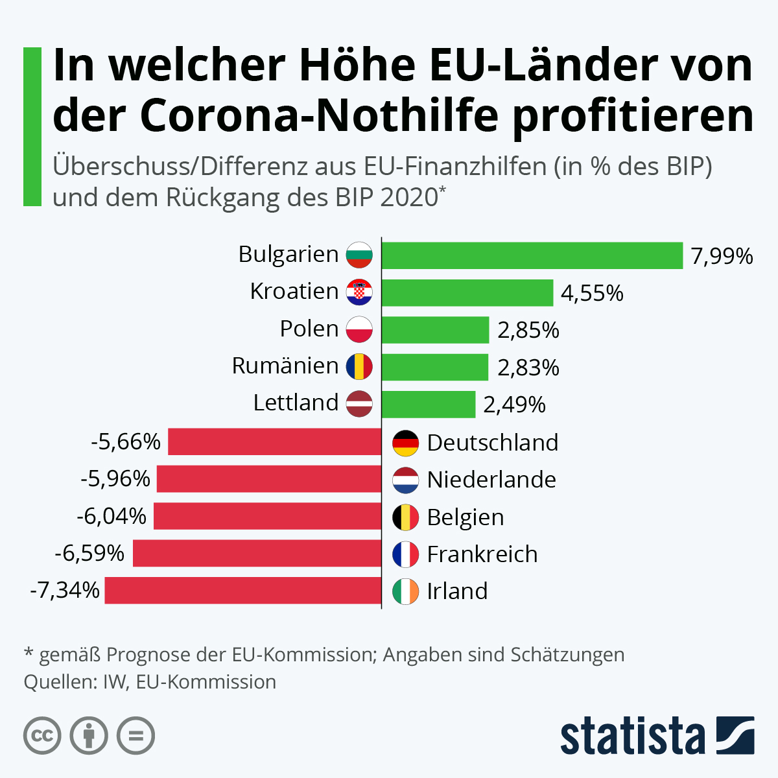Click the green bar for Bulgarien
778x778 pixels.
(x=532, y=255)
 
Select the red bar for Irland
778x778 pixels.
(x=243, y=591)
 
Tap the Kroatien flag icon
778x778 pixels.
(x=359, y=292)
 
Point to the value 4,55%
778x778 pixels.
(x=592, y=293)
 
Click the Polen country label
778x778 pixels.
(x=309, y=329)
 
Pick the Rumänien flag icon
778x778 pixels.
(x=359, y=367)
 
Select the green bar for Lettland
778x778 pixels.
(x=429, y=405)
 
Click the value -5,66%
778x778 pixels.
(x=126, y=442)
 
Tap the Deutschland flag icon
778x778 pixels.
(x=406, y=443)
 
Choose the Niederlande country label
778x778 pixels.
(x=491, y=480)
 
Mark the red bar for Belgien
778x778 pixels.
(x=267, y=517)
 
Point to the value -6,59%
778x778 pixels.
(x=89, y=554)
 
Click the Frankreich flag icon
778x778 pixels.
(x=406, y=554)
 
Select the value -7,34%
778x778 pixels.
(x=65, y=591)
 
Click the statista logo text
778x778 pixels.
(x=632, y=736)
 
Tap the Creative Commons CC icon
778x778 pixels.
(x=42, y=736)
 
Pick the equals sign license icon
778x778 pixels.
(x=136, y=736)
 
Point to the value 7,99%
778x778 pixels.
(x=722, y=256)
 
